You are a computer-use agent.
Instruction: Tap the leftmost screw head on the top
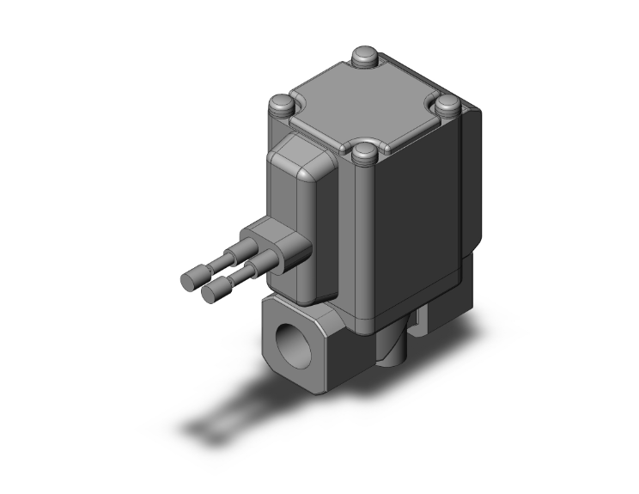pyautogui.click(x=282, y=107)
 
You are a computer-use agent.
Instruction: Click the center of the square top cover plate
pyautogui.click(x=365, y=107)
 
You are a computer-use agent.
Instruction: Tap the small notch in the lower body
pyautogui.click(x=420, y=325)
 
